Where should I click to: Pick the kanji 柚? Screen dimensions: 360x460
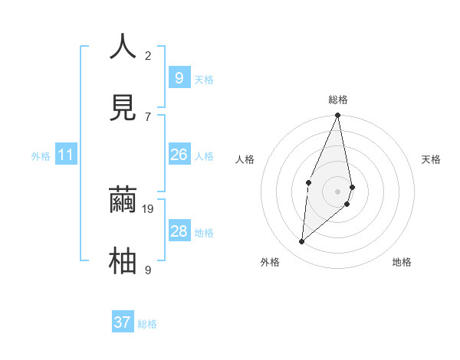click(x=123, y=260)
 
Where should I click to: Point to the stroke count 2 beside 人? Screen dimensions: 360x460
click(x=148, y=56)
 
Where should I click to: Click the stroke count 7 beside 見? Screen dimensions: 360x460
click(x=148, y=116)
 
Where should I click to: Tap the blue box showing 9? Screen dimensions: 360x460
click(x=179, y=77)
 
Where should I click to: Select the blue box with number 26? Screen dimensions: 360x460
click(x=179, y=155)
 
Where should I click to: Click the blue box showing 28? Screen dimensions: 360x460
click(x=179, y=231)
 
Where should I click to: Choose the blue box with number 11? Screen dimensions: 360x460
click(x=66, y=155)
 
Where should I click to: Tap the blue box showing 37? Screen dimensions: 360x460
click(x=123, y=322)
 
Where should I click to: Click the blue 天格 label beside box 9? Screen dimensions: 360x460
click(x=203, y=80)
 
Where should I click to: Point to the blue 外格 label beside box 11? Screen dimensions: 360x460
click(x=41, y=156)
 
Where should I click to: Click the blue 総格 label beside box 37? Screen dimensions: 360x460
click(x=147, y=324)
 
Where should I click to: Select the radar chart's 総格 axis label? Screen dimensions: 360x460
click(x=338, y=100)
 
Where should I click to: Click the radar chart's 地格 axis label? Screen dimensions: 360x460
click(x=402, y=262)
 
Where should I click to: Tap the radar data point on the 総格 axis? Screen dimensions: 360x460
click(x=337, y=116)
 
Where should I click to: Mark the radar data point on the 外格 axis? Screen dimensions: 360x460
click(x=302, y=242)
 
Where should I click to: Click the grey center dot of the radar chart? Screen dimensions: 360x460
click(x=337, y=191)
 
